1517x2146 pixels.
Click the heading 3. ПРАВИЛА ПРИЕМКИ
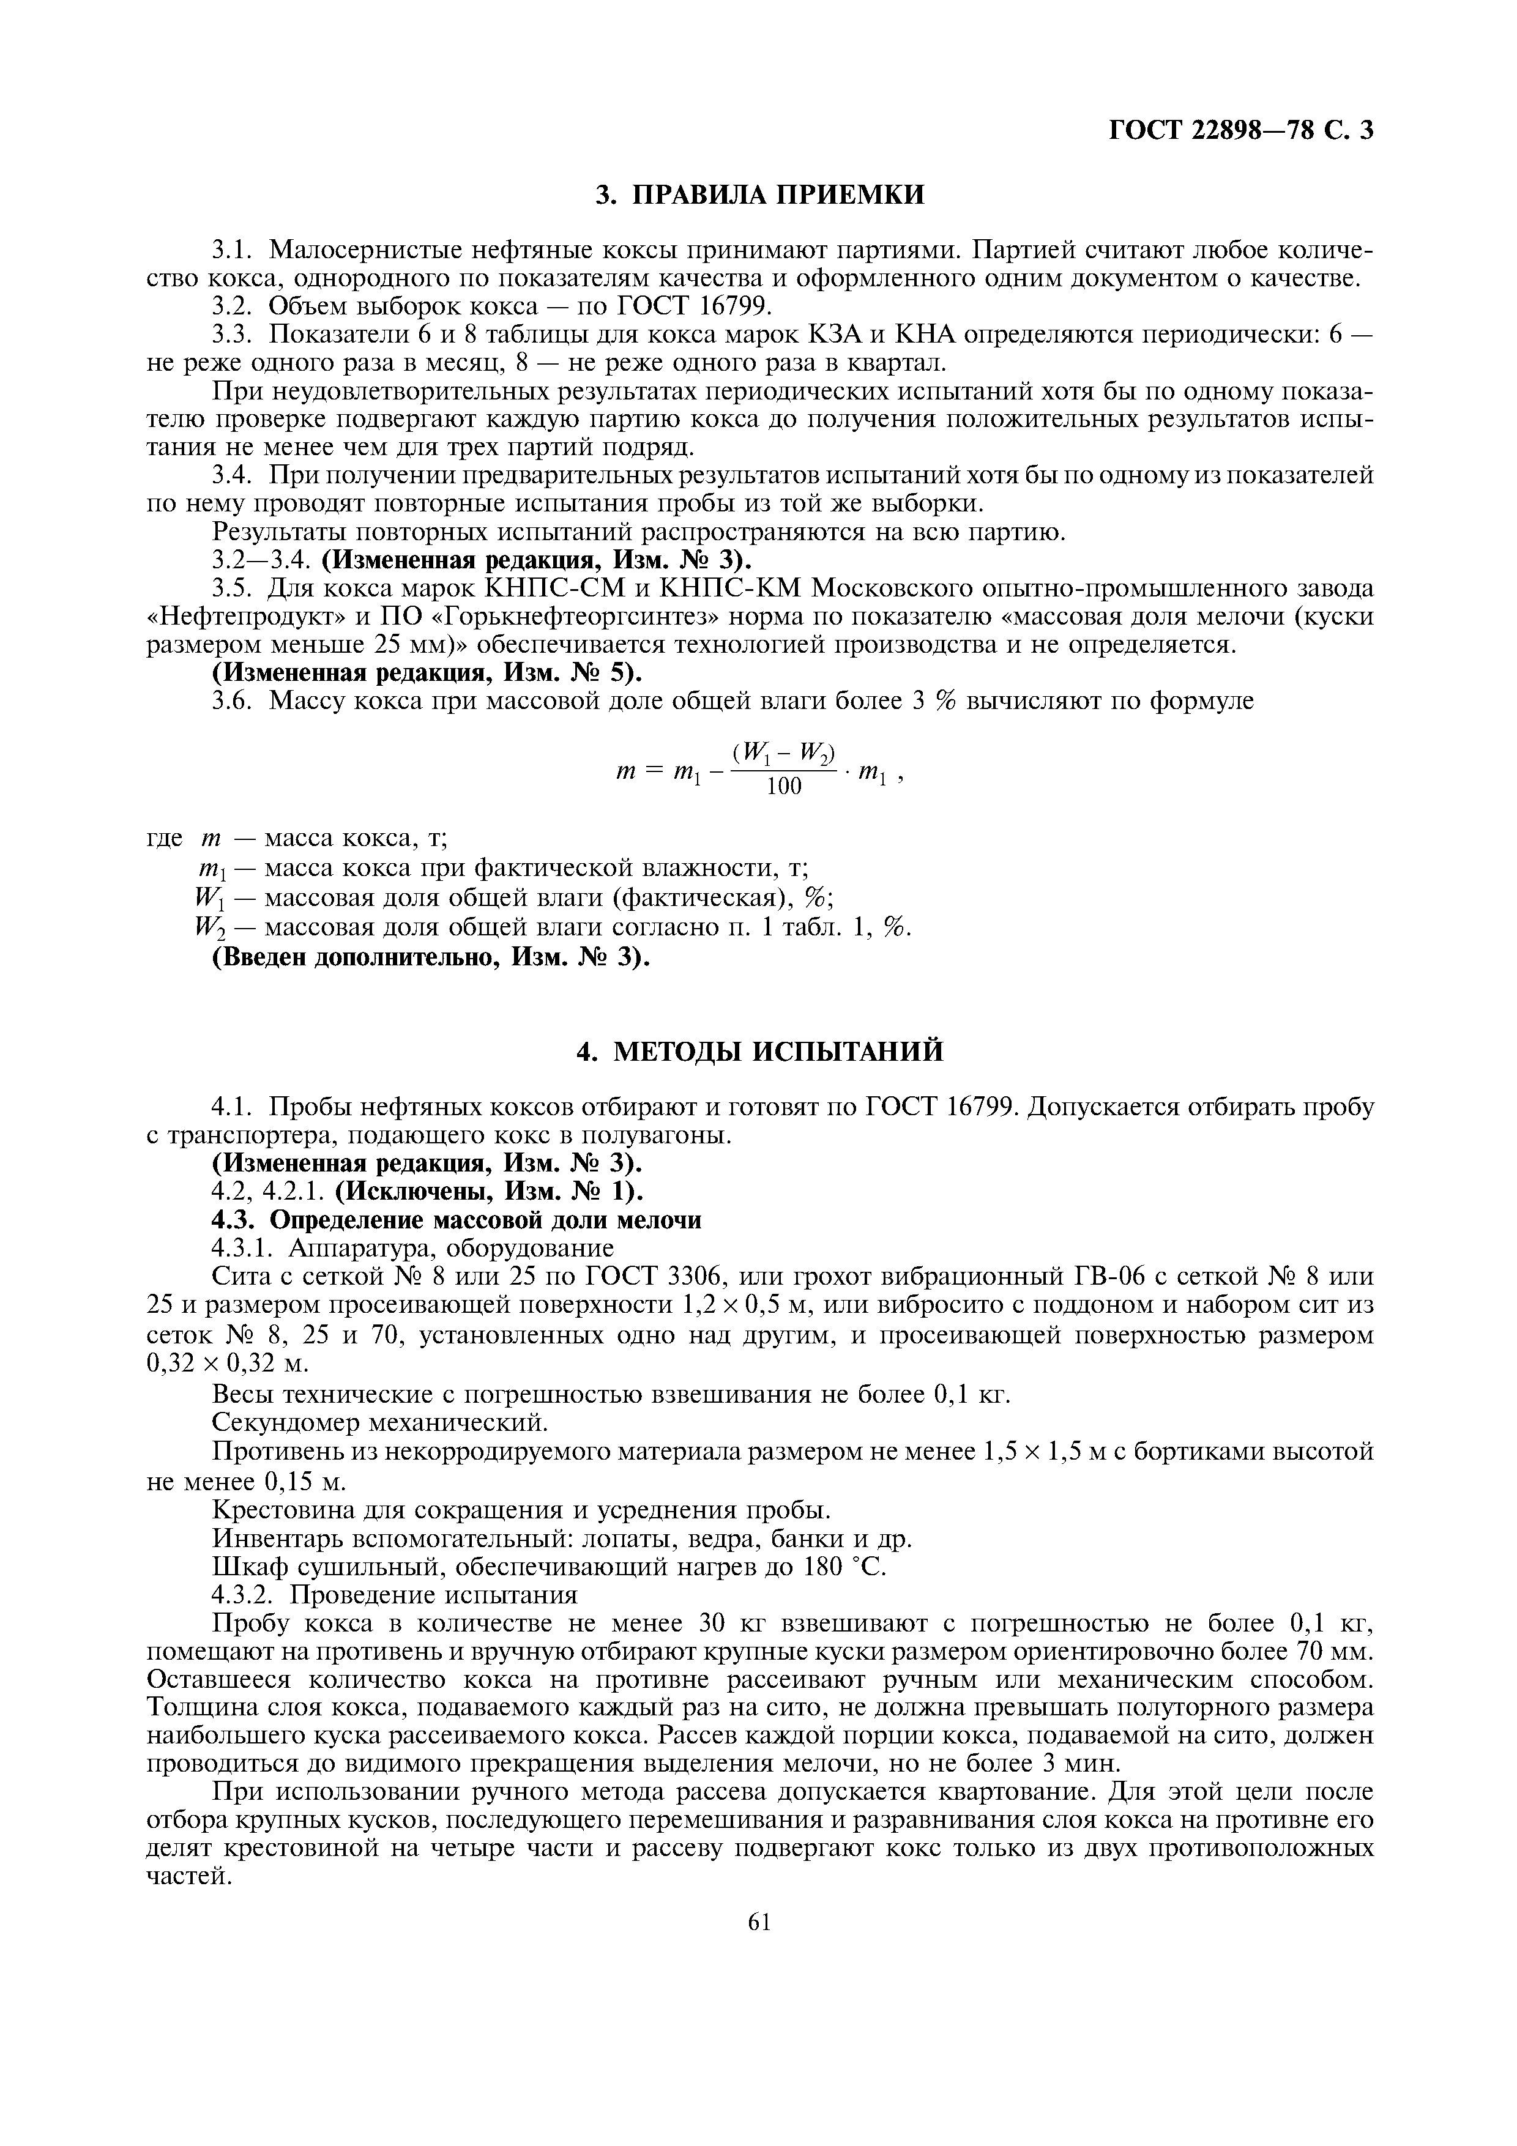click(x=760, y=195)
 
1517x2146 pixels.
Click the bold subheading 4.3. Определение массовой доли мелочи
click(x=457, y=1220)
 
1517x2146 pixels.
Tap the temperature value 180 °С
click(x=844, y=1567)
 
